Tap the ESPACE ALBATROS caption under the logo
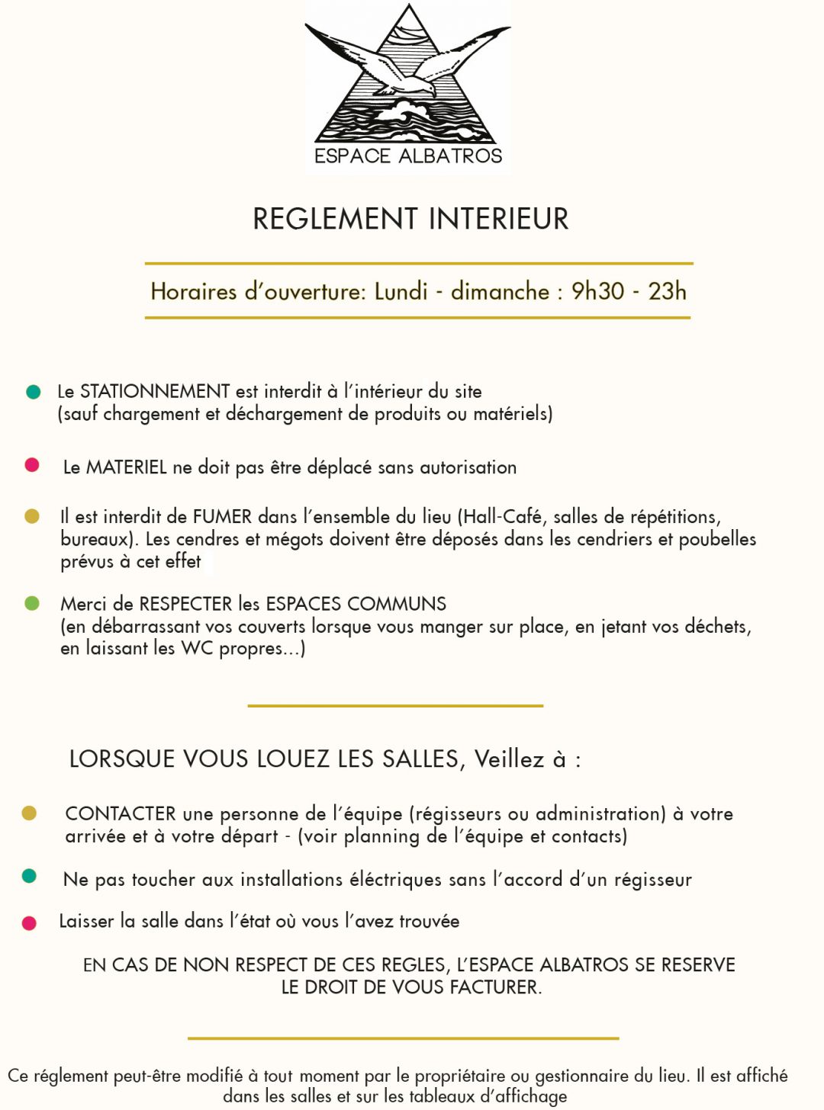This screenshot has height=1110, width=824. (408, 156)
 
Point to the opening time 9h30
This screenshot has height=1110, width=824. (597, 291)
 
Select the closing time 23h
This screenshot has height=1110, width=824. (667, 291)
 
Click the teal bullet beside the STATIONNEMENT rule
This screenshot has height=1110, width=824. (33, 392)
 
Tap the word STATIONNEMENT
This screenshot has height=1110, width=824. (155, 392)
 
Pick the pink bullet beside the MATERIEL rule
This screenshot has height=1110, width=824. (32, 465)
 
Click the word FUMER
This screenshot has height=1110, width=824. (222, 517)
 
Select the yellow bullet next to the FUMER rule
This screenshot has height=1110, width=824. (32, 516)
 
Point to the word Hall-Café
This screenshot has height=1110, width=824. (503, 517)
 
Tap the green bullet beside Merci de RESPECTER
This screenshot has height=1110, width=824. (32, 603)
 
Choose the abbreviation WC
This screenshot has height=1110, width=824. (197, 648)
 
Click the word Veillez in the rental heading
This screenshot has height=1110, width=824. (509, 759)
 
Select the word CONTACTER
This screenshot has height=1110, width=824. (121, 813)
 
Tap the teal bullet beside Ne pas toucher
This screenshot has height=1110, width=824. (30, 876)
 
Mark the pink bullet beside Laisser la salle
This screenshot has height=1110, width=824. (30, 923)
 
